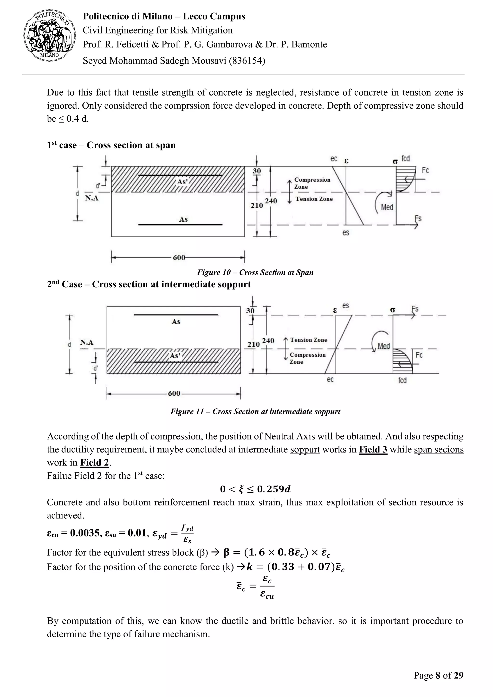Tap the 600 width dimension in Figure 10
coord(179,258)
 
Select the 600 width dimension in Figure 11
coord(174,394)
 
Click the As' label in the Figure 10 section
coord(182,182)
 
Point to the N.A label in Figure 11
coord(87,342)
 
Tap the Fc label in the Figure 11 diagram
coord(419,355)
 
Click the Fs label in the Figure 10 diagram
coord(418,219)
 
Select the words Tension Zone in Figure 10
coord(314,199)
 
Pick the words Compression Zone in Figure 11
coord(307,358)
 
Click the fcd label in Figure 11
coord(402,380)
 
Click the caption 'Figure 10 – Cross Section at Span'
coord(255,272)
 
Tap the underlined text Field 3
coord(373,449)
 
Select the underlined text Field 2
coord(94,462)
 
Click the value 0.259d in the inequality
coord(273,489)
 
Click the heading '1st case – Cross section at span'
coord(111,145)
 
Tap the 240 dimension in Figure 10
coord(271,201)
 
